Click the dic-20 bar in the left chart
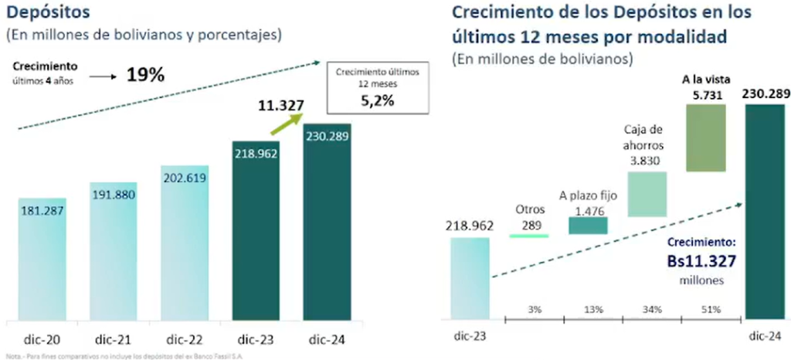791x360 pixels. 42,259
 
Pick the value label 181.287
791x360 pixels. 42,211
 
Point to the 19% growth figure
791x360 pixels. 146,76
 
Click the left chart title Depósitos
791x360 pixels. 47,13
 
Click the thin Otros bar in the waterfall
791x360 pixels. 530,235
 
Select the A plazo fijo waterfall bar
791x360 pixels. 588,225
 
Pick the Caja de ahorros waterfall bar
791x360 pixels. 647,193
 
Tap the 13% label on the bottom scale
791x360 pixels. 594,310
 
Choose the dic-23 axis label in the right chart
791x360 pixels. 470,336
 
